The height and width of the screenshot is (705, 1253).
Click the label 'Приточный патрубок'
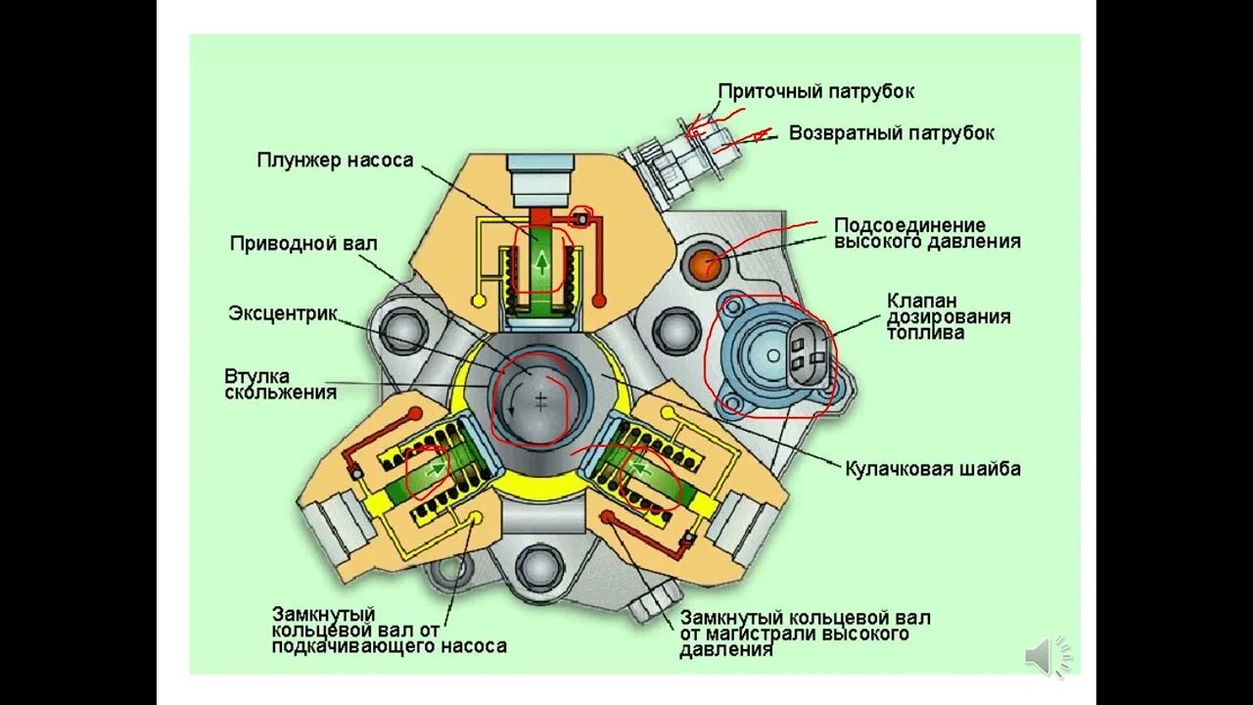(x=816, y=91)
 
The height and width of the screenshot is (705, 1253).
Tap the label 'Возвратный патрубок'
(x=892, y=132)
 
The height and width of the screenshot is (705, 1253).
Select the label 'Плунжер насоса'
(x=335, y=160)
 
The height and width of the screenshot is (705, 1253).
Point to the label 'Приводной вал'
(x=302, y=243)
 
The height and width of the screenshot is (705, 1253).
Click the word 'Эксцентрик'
(x=283, y=313)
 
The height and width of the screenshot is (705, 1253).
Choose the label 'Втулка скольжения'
(x=280, y=384)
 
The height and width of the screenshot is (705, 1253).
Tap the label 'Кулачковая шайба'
(x=933, y=468)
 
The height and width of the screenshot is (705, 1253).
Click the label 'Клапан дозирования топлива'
(x=948, y=316)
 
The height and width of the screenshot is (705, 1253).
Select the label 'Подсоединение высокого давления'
(x=926, y=233)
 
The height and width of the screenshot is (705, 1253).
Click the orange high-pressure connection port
(x=705, y=262)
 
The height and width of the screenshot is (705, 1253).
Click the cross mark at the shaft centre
(x=539, y=399)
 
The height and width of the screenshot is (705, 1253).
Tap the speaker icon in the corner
(x=1046, y=655)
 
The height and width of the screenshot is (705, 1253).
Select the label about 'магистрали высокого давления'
(x=805, y=634)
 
